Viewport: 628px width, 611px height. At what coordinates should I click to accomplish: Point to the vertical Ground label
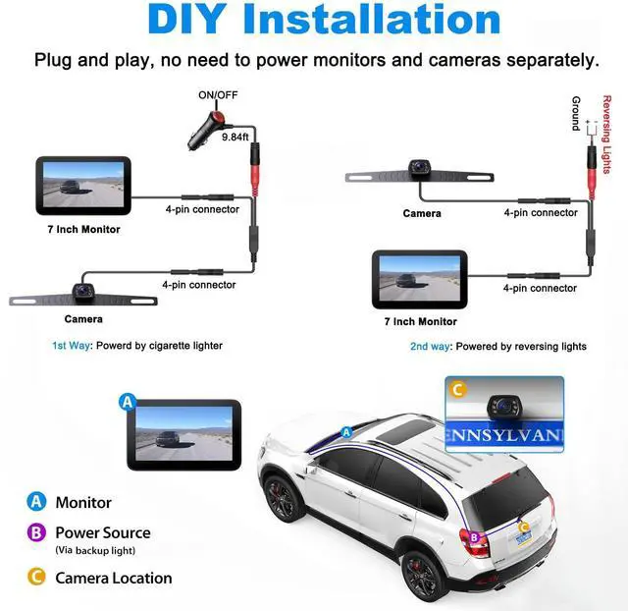tap(576, 113)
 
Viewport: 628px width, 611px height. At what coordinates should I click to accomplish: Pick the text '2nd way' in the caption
tap(431, 347)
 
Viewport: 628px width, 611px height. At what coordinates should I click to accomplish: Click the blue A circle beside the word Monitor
tap(37, 502)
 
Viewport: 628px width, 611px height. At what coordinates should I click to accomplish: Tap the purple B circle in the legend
tap(37, 533)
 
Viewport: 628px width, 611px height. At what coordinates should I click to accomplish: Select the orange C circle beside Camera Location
tap(37, 578)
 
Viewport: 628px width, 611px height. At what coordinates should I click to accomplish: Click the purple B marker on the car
tap(475, 537)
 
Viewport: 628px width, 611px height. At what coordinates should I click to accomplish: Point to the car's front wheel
tap(280, 499)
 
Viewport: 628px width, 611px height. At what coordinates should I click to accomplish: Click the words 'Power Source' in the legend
tap(103, 532)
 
